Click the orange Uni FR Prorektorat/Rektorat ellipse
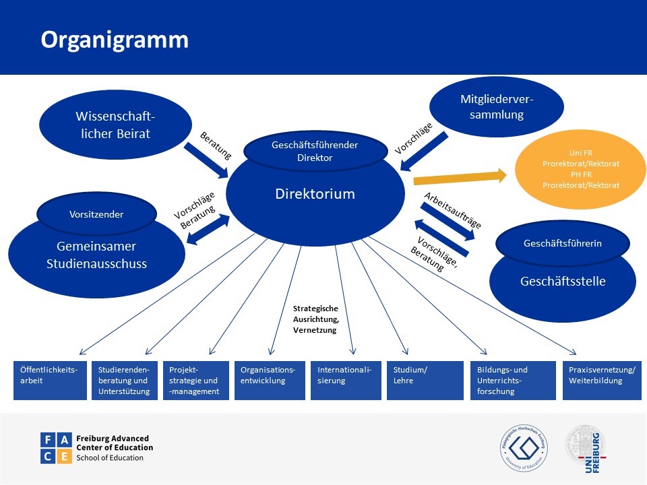tap(580, 170)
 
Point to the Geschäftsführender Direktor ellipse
tap(314, 152)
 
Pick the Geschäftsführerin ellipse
tap(562, 243)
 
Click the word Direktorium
tap(314, 195)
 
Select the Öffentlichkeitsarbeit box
tap(51, 381)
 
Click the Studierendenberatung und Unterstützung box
tap(124, 381)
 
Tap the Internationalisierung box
tap(345, 381)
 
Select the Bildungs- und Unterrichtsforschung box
tap(512, 381)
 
